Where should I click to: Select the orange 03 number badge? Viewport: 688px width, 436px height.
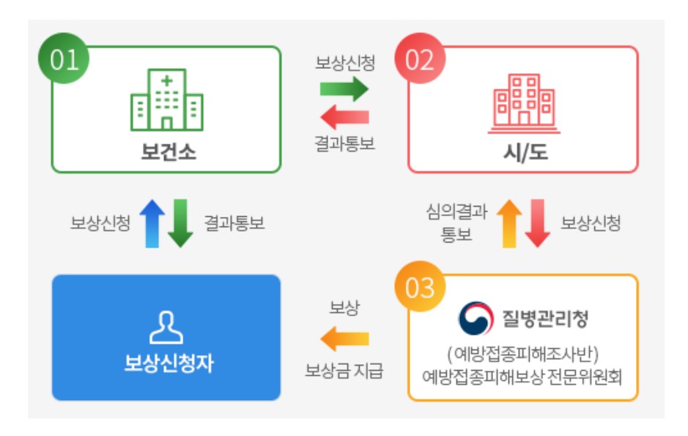pyautogui.click(x=420, y=288)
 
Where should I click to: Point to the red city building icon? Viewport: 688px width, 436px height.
pyautogui.click(x=523, y=103)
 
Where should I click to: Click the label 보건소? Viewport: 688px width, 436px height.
pyautogui.click(x=168, y=152)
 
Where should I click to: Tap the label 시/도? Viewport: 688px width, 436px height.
pyautogui.click(x=523, y=153)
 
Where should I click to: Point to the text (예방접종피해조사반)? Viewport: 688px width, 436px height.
pyautogui.click(x=523, y=355)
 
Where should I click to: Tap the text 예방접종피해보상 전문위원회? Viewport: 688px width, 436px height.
pyautogui.click(x=522, y=377)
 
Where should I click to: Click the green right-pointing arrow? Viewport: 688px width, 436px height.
pyautogui.click(x=344, y=89)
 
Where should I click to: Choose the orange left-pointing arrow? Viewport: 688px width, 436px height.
pyautogui.click(x=344, y=339)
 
